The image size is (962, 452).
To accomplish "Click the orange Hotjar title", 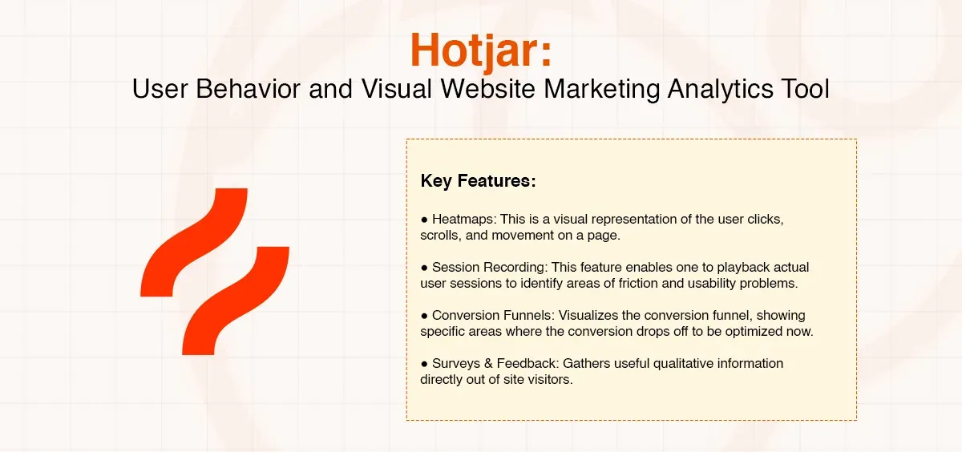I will (x=480, y=50).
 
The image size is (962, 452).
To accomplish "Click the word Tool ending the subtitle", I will (x=804, y=88).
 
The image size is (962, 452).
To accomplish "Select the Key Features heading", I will (x=478, y=181).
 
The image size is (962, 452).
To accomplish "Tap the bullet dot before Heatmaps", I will (x=425, y=219).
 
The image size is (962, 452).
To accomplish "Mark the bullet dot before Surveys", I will (x=425, y=363).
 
